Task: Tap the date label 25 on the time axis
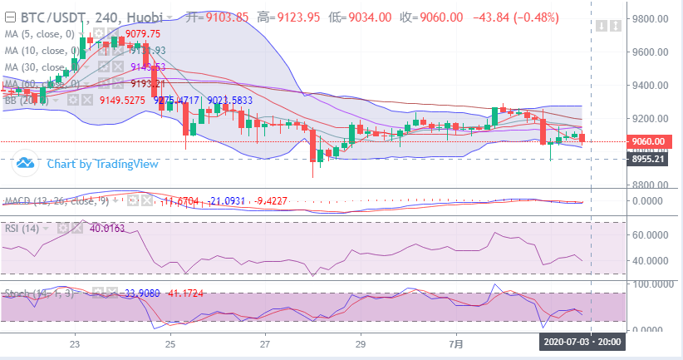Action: [x=170, y=343]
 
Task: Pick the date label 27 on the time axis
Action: [x=264, y=343]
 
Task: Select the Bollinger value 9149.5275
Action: [x=123, y=101]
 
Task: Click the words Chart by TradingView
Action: [x=102, y=164]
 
